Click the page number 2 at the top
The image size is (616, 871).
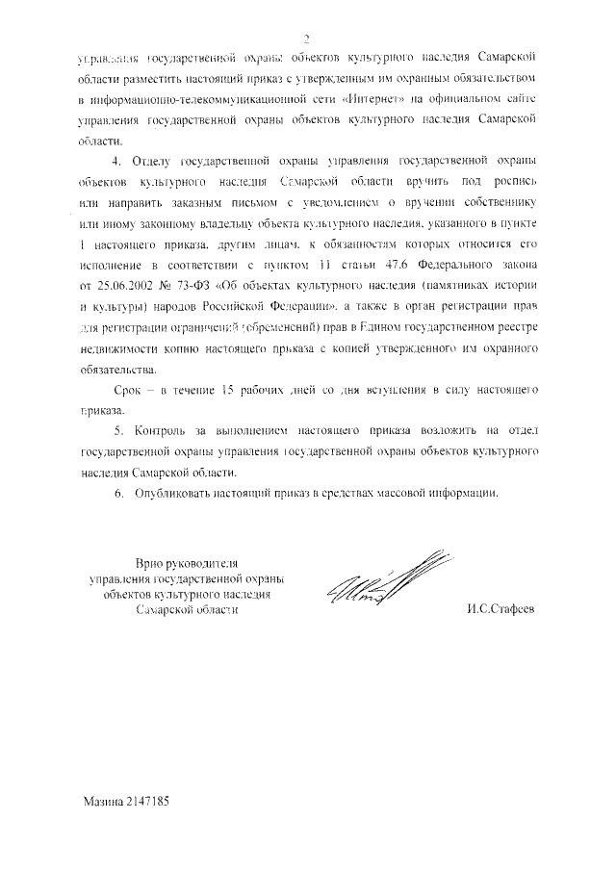click(305, 38)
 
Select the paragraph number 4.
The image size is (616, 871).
click(117, 159)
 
